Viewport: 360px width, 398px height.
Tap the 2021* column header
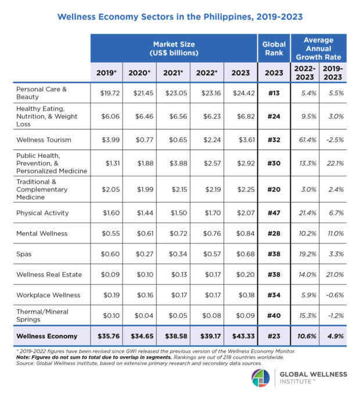click(172, 74)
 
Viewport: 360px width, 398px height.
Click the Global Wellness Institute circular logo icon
click(260, 378)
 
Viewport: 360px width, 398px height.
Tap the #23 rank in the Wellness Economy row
click(273, 335)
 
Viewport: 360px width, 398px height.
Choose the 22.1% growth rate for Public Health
click(333, 164)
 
